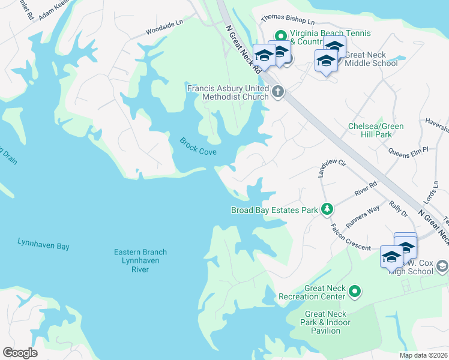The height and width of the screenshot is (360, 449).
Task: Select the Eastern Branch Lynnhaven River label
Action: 140,260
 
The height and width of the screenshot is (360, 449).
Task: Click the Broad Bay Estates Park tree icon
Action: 327,209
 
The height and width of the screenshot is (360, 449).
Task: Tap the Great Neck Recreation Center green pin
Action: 355,292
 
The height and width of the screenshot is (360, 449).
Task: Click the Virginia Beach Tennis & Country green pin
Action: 280,34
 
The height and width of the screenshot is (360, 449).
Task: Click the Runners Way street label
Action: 363,217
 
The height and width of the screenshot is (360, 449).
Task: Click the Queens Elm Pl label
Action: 409,152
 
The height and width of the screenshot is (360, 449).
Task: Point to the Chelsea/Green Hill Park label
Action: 376,130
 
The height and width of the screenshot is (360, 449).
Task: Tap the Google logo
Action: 20,352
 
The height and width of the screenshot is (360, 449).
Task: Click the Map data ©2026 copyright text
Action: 423,355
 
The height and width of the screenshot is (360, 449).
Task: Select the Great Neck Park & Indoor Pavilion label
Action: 328,322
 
